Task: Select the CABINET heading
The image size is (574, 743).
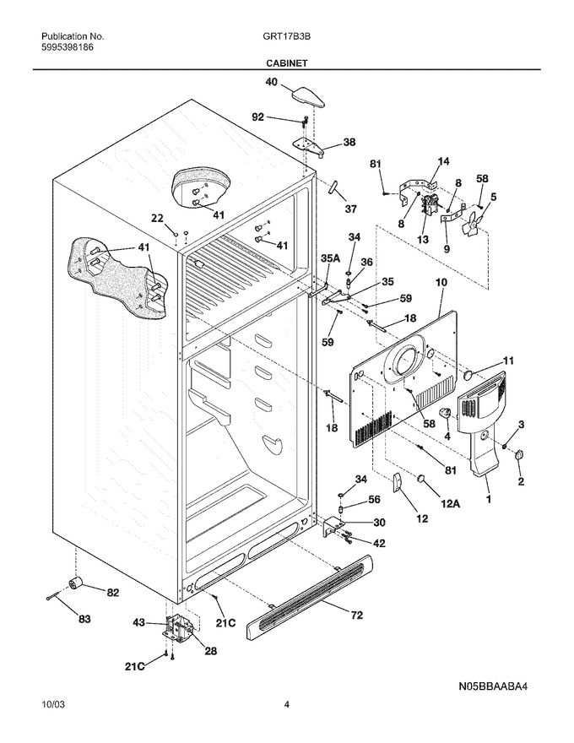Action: point(286,63)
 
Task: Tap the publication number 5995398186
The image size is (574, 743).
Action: point(68,47)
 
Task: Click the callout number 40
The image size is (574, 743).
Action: point(271,82)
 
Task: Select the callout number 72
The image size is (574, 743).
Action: point(356,615)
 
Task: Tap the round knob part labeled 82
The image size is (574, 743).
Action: point(75,585)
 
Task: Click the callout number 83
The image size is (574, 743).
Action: point(84,619)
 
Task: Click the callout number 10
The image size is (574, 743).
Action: point(441,282)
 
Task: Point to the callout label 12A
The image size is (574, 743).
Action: point(451,504)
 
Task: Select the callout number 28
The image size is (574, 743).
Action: point(210,651)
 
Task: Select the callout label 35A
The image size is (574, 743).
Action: point(331,258)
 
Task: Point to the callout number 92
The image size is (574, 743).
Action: point(258,117)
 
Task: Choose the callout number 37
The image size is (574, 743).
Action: point(350,209)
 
